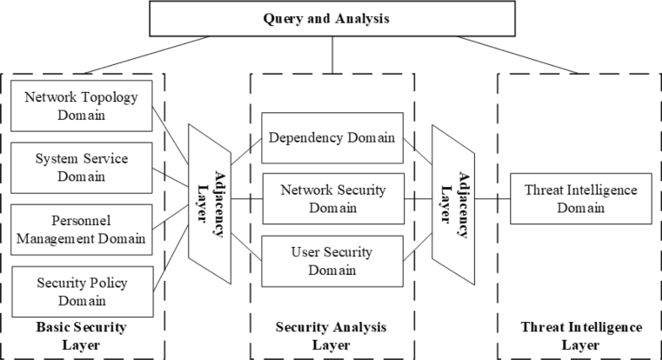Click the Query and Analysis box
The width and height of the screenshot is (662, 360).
click(x=331, y=18)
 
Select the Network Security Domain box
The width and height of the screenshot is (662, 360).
click(x=331, y=200)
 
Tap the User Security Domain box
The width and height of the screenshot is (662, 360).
click(x=331, y=261)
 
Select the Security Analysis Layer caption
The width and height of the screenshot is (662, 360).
click(x=331, y=335)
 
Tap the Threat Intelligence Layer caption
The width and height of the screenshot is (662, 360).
click(x=581, y=335)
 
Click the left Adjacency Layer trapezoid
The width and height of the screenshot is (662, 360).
click(x=208, y=200)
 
